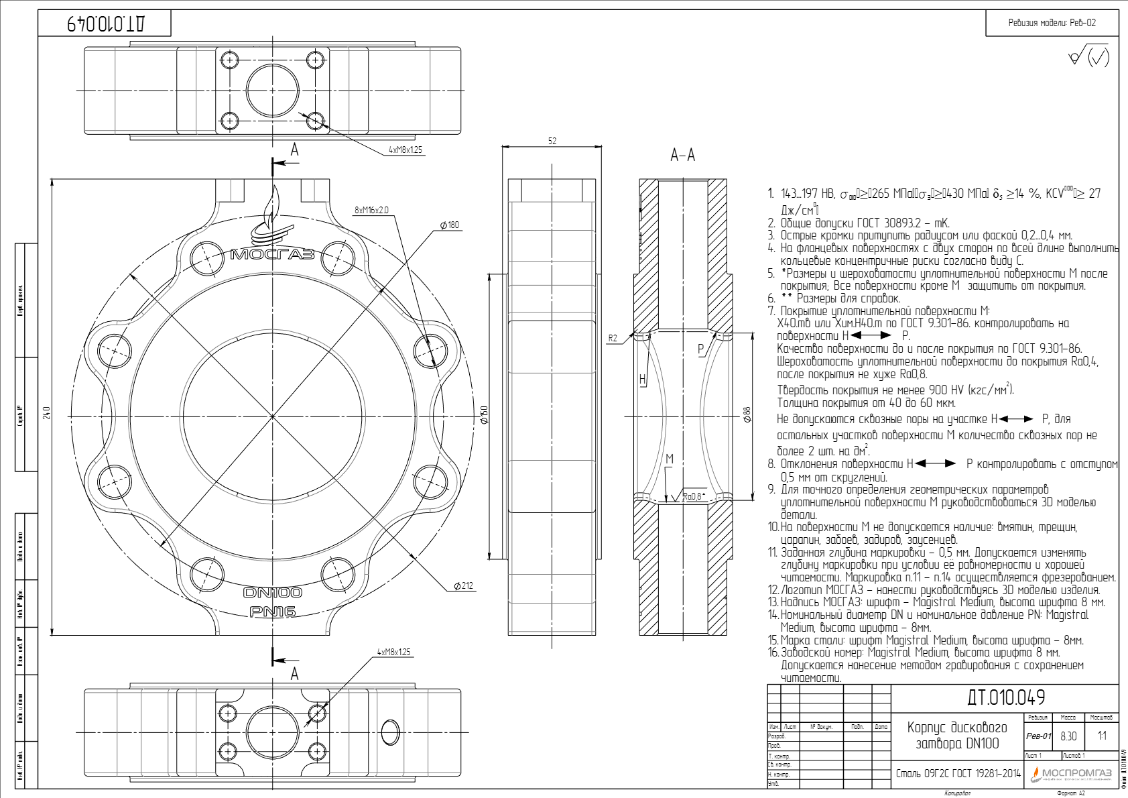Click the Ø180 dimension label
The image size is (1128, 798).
coord(450,225)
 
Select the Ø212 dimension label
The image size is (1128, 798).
coord(463,585)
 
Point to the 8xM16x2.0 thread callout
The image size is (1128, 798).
coord(371,210)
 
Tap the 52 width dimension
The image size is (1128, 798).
coord(552,141)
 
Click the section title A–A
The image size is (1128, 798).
coord(682,156)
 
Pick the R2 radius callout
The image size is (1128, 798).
coord(613,338)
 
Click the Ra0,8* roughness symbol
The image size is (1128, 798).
coord(693,496)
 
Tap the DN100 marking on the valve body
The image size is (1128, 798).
coord(272,592)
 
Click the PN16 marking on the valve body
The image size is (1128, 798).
coord(272,612)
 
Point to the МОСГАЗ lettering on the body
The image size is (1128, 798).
coord(272,254)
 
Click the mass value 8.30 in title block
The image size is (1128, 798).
coord(1068,736)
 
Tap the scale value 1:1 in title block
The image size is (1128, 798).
coord(1102,736)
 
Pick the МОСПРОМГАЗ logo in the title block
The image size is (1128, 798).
coord(1071,773)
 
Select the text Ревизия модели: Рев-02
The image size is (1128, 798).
coord(1052,23)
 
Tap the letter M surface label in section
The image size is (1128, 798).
coord(669,459)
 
